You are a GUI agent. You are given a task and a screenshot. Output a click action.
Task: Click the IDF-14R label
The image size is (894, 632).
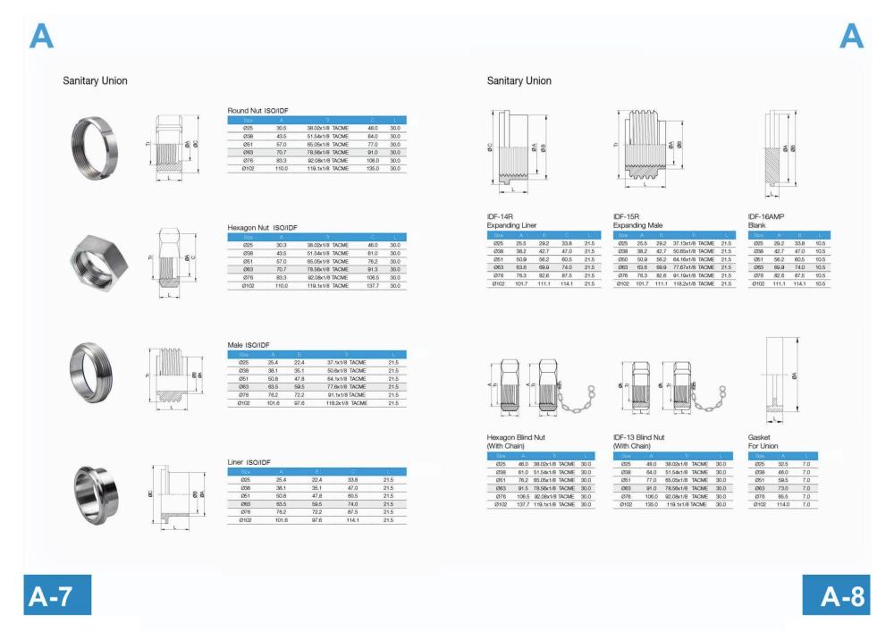click(501, 216)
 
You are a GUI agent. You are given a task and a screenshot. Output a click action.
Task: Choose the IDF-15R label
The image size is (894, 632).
click(627, 216)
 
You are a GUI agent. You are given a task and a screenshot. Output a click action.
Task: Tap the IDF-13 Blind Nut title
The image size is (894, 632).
click(645, 437)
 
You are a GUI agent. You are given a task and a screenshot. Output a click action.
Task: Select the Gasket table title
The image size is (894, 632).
click(760, 437)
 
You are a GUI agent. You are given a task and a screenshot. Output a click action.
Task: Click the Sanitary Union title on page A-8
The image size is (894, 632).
click(519, 81)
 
